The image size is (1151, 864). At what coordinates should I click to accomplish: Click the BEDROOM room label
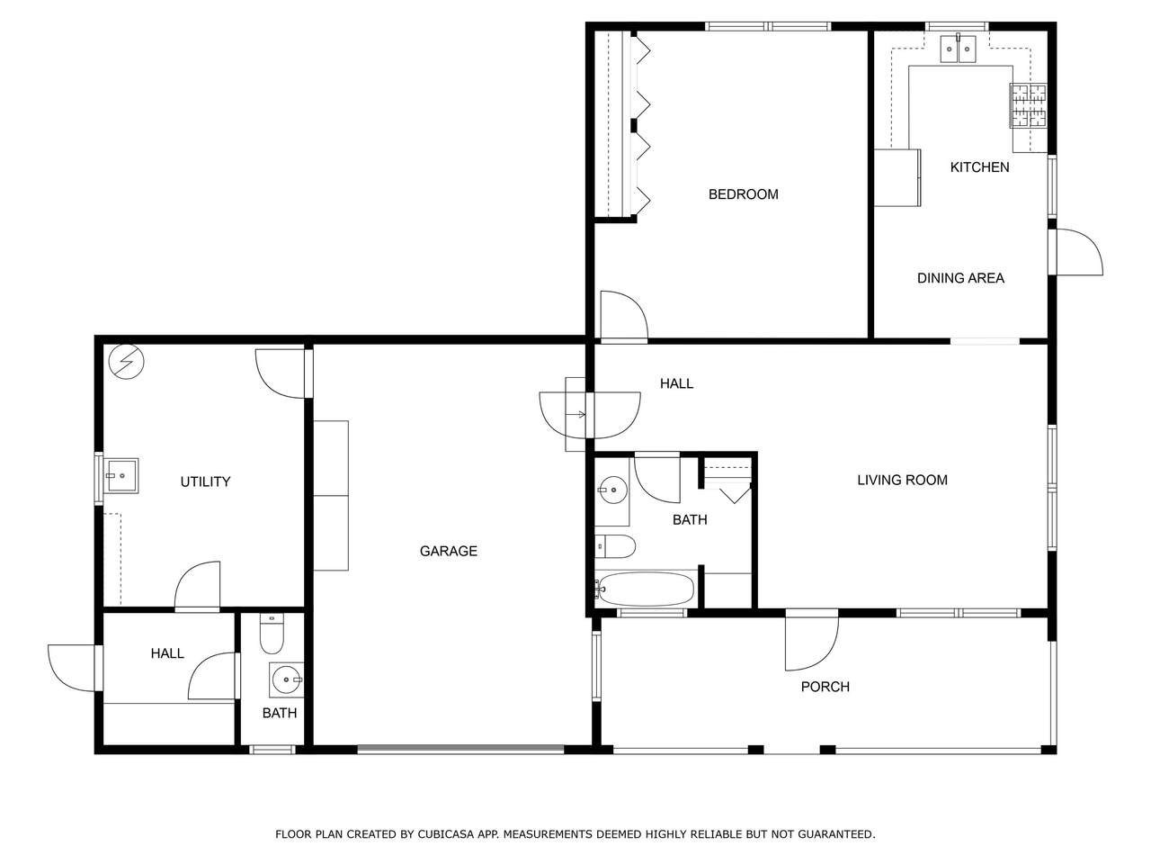(x=743, y=194)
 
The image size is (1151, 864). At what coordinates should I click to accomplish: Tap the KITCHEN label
(x=979, y=167)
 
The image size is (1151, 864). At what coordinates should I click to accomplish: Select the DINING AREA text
(x=960, y=278)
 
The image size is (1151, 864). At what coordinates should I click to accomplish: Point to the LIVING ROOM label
(x=903, y=480)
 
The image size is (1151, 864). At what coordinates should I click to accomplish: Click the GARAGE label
(x=449, y=552)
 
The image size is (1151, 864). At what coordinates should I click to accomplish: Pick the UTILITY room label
(x=206, y=481)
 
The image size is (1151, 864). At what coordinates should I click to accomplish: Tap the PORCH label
(x=825, y=687)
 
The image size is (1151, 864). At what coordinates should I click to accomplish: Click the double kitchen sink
(x=958, y=49)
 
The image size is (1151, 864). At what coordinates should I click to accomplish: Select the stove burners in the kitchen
(x=1029, y=105)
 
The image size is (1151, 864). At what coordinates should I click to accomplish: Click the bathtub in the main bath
(x=645, y=589)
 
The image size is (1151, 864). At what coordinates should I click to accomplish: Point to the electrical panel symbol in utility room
(x=127, y=362)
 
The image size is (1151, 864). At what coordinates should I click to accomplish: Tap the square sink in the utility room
(x=120, y=476)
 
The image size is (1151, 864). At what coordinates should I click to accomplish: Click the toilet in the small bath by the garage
(x=272, y=634)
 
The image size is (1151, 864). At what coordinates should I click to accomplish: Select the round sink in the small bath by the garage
(x=286, y=679)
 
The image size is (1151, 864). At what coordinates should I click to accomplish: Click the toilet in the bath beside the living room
(x=615, y=546)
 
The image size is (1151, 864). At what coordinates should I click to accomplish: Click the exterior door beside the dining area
(x=1079, y=252)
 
